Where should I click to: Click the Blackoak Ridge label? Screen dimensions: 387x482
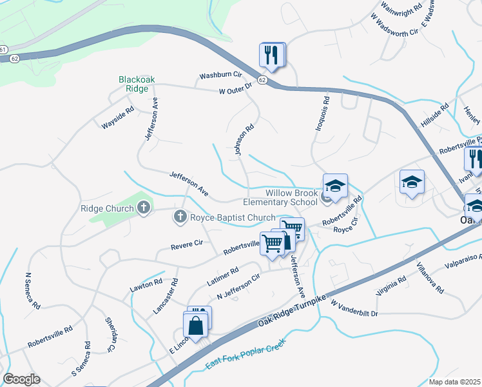pos(137,85)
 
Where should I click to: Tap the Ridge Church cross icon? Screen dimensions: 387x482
pos(144,208)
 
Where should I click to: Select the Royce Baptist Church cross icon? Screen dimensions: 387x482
pos(180,217)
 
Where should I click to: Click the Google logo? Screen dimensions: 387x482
pos(21,379)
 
